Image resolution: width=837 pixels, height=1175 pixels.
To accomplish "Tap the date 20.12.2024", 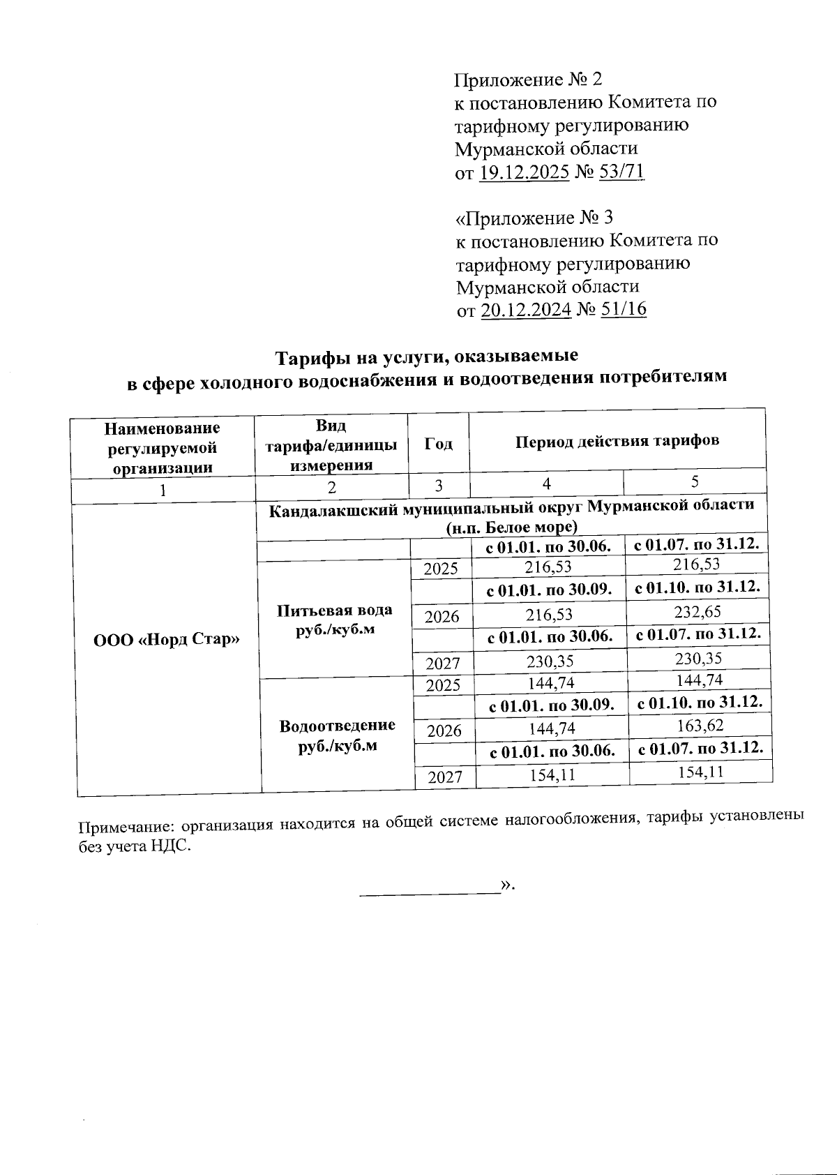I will [x=526, y=310].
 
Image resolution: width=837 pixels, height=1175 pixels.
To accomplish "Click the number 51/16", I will [x=623, y=309].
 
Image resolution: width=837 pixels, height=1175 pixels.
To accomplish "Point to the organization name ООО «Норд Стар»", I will [x=167, y=639].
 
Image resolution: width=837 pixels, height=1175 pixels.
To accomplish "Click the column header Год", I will [x=439, y=444].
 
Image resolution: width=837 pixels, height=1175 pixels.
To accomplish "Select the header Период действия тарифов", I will [x=617, y=441].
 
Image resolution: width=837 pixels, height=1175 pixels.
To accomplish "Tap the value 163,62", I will [x=700, y=726].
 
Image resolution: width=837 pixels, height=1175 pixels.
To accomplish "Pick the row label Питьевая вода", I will [x=334, y=610].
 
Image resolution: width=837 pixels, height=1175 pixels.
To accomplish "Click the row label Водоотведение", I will [x=337, y=726].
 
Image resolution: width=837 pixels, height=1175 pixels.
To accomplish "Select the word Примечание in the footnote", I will [x=125, y=828].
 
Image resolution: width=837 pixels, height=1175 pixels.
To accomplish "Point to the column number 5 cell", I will [x=695, y=481].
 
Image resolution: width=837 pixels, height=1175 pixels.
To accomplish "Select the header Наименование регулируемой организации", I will [x=163, y=447].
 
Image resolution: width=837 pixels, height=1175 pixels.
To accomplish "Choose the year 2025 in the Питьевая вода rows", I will [x=441, y=569].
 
